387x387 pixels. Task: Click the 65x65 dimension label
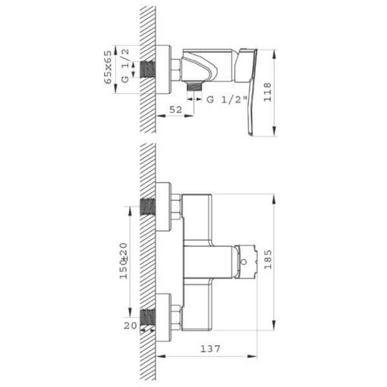click(x=108, y=67)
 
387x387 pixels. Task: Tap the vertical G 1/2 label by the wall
click(x=125, y=65)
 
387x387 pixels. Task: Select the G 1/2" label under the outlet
click(x=226, y=99)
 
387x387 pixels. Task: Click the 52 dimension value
click(x=175, y=110)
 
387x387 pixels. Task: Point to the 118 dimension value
click(x=267, y=92)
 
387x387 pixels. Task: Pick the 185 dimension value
click(x=268, y=259)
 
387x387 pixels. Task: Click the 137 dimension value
click(x=210, y=348)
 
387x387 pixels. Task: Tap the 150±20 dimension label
click(x=124, y=261)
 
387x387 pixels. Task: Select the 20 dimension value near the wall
click(x=130, y=326)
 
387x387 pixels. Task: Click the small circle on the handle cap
click(x=244, y=262)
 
